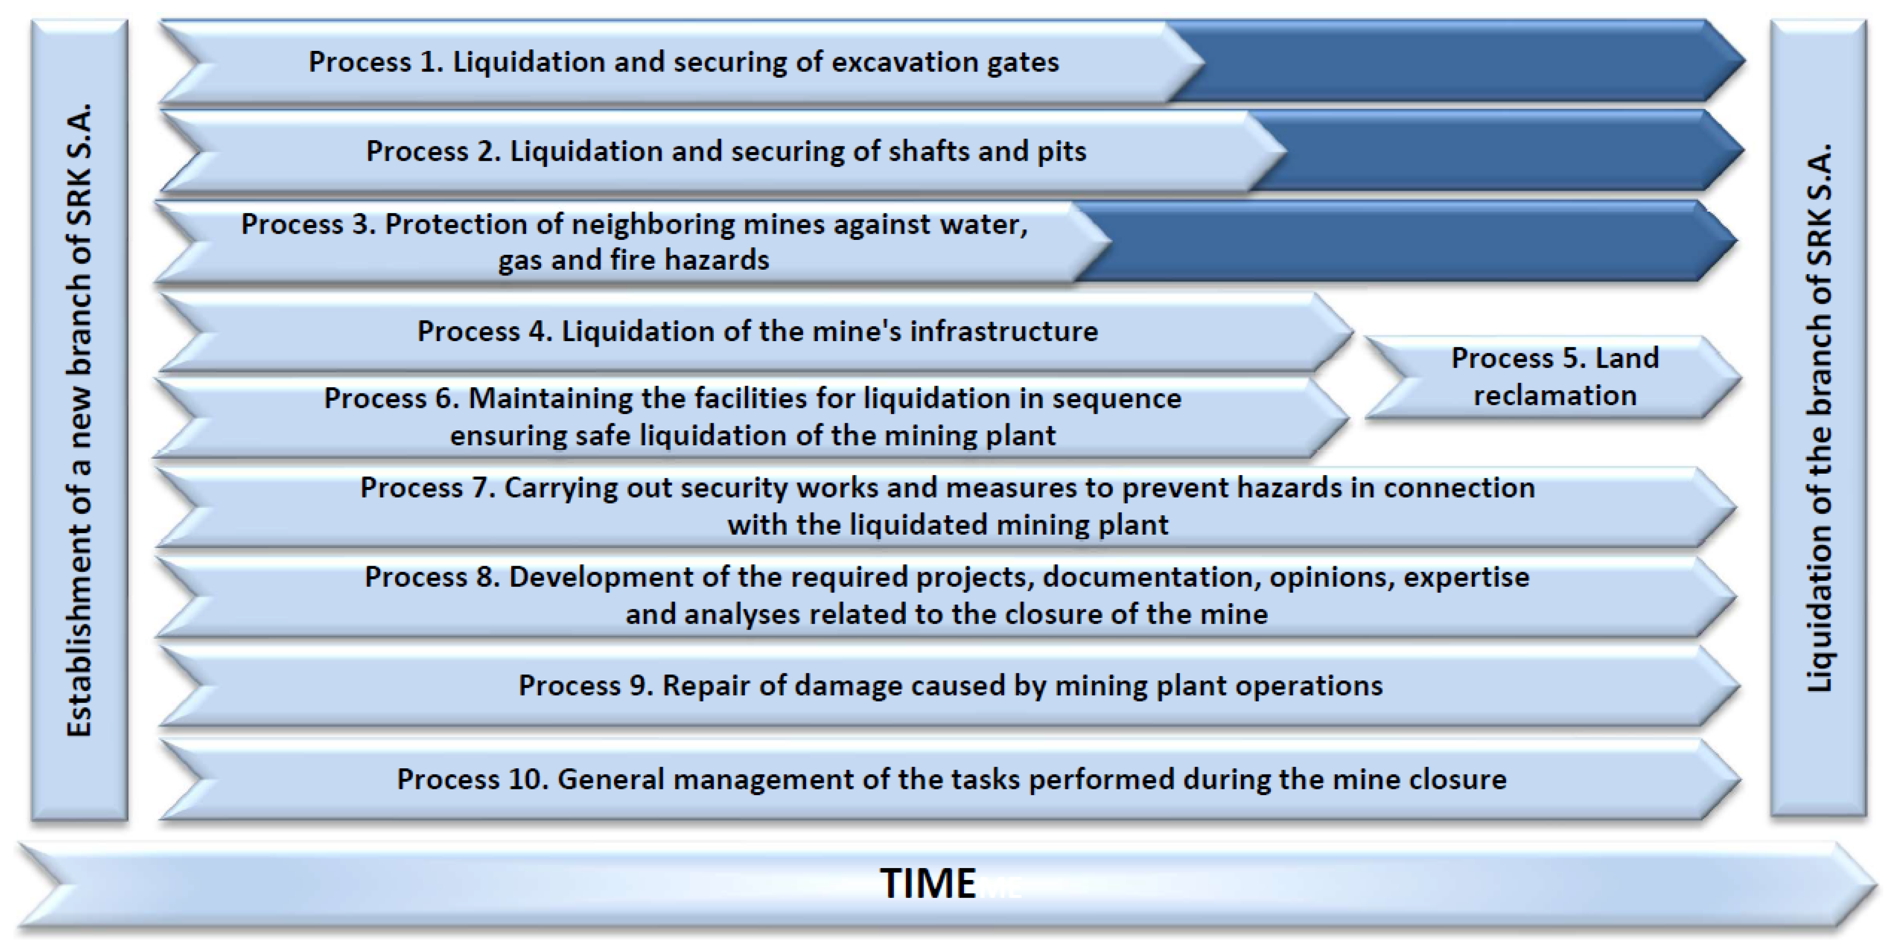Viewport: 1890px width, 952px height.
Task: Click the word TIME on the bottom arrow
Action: click(927, 882)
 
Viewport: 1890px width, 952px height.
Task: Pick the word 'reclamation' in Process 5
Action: click(1555, 396)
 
